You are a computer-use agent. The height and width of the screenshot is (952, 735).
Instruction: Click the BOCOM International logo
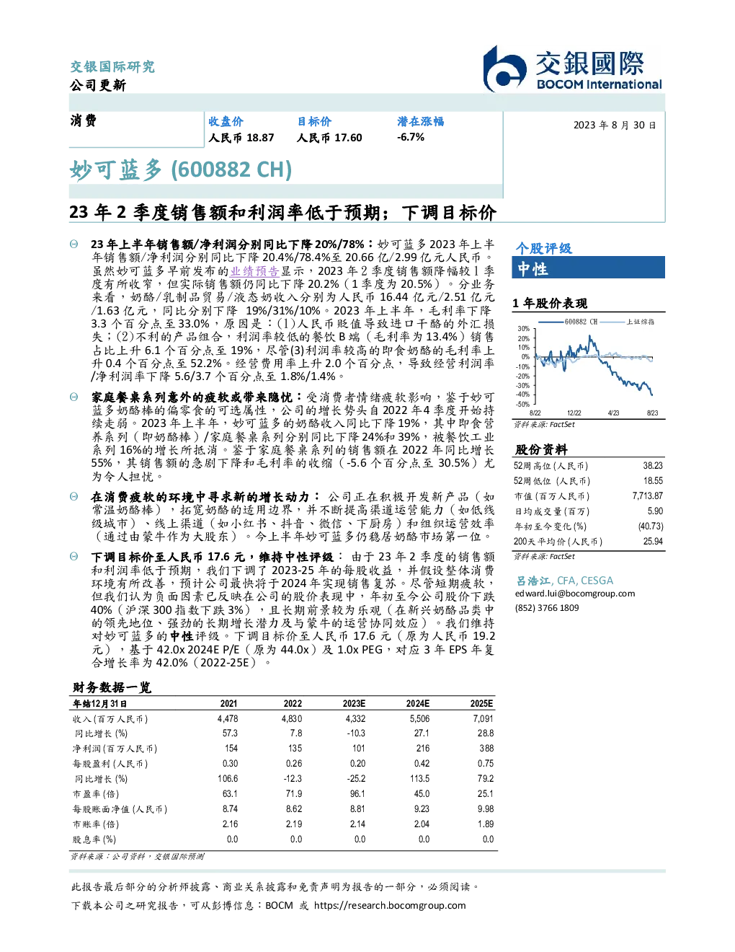(572, 69)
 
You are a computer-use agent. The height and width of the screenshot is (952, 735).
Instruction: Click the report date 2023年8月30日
(614, 125)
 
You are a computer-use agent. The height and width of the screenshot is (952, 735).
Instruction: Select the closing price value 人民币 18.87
(241, 138)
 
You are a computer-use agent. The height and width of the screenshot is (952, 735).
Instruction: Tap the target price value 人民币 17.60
(329, 138)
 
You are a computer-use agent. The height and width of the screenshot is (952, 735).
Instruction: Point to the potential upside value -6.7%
(411, 137)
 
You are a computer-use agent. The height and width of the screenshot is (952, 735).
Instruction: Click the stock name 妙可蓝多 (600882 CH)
(181, 170)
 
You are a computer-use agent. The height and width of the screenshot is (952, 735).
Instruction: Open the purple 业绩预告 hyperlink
(255, 270)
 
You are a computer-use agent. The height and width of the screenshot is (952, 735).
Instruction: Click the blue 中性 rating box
(588, 268)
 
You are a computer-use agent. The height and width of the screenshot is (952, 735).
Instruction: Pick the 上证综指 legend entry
(628, 322)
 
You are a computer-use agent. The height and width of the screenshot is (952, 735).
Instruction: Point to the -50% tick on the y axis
(523, 404)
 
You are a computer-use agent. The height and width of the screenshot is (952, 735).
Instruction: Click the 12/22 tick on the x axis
(574, 413)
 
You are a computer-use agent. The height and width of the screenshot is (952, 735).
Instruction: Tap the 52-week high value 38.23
(653, 466)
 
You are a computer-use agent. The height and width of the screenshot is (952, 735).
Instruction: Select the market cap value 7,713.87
(647, 496)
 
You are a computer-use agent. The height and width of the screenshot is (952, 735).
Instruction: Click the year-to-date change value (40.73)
(651, 526)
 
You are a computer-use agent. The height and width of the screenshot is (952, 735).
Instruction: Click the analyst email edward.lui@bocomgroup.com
(575, 594)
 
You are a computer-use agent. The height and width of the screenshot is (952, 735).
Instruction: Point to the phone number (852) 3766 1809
(547, 608)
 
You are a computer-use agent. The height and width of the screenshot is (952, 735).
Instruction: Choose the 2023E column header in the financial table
(354, 704)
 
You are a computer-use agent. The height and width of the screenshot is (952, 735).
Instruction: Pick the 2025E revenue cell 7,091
(483, 719)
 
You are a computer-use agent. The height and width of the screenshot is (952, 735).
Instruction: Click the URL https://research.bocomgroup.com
(390, 906)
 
